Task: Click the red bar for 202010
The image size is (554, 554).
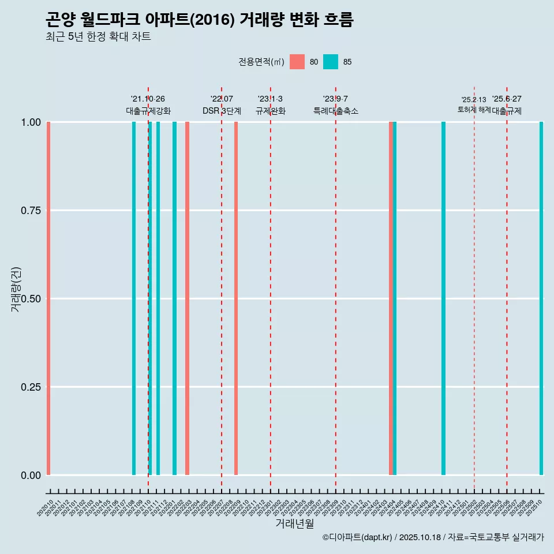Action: pyautogui.click(x=48, y=298)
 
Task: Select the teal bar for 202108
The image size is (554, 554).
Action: pyautogui.click(x=134, y=298)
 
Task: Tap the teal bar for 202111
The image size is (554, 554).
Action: pyautogui.click(x=158, y=298)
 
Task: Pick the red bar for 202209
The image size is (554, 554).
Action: pyautogui.click(x=236, y=298)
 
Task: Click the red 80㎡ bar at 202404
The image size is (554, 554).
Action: pyautogui.click(x=391, y=298)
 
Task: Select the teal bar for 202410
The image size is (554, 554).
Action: pyautogui.click(x=443, y=298)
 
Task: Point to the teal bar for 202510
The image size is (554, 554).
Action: pyautogui.click(x=541, y=298)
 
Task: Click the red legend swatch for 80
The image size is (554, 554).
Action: pyautogui.click(x=297, y=62)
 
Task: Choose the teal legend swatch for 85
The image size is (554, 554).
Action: pyautogui.click(x=331, y=62)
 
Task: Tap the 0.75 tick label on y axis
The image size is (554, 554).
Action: pyautogui.click(x=31, y=211)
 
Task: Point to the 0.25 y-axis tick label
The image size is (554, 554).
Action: pyautogui.click(x=31, y=387)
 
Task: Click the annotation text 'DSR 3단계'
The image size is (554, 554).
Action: pyautogui.click(x=222, y=111)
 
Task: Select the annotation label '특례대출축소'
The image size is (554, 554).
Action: pyautogui.click(x=336, y=111)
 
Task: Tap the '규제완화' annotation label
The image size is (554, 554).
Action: pyautogui.click(x=271, y=111)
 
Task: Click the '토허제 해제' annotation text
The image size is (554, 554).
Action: pyautogui.click(x=474, y=109)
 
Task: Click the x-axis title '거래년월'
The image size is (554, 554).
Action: pyautogui.click(x=294, y=524)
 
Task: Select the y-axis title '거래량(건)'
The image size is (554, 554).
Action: pyautogui.click(x=16, y=290)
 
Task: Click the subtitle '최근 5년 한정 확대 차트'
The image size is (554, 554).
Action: pyautogui.click(x=98, y=37)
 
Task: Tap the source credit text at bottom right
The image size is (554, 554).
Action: pyautogui.click(x=433, y=537)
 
